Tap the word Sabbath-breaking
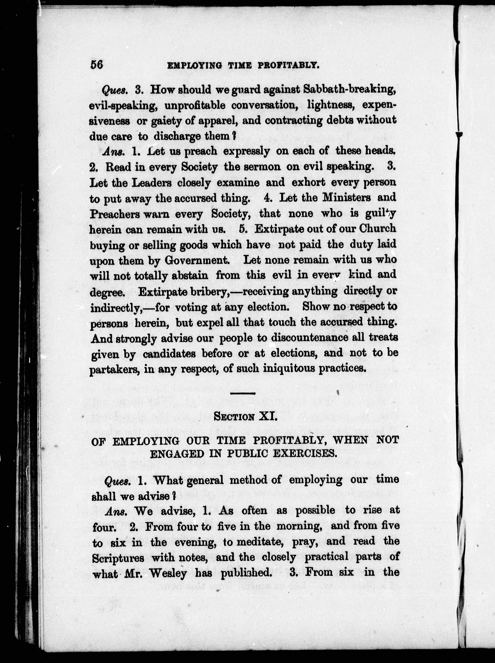coord(350,89)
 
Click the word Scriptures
coord(118,558)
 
